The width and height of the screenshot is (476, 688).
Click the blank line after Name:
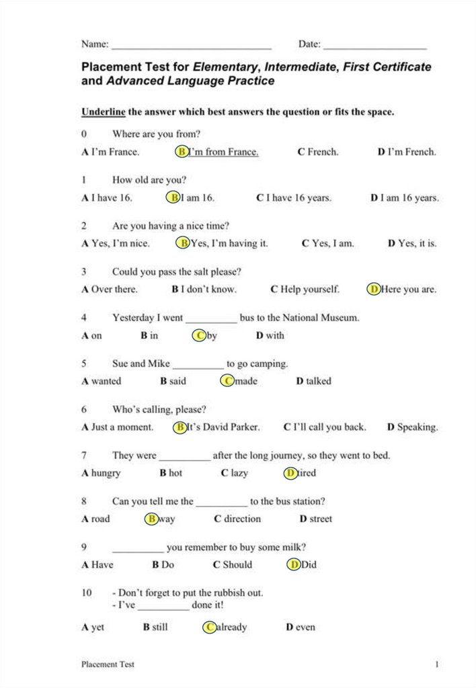[x=191, y=48]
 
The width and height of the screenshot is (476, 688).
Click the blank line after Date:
[x=374, y=48]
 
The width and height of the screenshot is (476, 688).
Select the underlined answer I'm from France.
[x=223, y=152]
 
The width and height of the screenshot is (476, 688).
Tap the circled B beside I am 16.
[x=173, y=198]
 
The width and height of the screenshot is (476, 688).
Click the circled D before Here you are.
[x=374, y=290]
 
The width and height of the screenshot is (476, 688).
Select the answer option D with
[x=270, y=335]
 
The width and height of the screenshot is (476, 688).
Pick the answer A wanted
[x=102, y=381]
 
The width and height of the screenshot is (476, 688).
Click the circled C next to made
[x=228, y=381]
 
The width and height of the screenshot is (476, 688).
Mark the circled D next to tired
[x=291, y=473]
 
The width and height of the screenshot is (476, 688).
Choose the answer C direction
[x=237, y=519]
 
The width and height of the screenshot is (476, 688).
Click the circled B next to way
[x=152, y=519]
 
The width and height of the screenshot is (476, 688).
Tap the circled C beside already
[x=210, y=627]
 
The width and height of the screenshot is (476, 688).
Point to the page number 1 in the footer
[x=437, y=664]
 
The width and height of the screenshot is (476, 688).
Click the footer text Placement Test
[x=108, y=664]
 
